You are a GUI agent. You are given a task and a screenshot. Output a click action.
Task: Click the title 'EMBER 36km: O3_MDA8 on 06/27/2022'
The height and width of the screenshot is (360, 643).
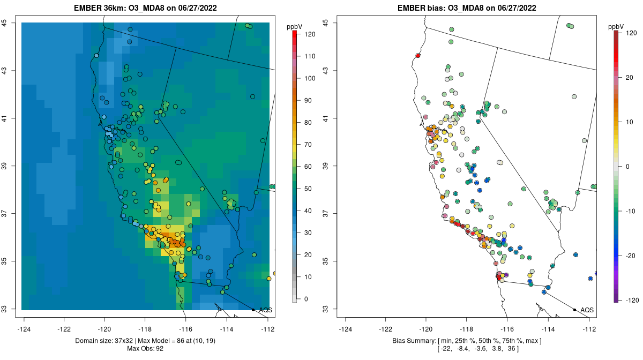145,8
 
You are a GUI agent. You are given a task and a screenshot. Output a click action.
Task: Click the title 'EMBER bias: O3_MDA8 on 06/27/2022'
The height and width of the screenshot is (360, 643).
467,8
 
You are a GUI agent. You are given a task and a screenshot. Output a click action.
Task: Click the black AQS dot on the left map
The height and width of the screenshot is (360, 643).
253,310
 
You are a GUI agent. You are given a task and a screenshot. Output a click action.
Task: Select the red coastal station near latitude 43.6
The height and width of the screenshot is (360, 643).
418,55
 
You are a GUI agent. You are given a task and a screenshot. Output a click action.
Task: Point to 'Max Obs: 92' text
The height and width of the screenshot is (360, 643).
145,349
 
